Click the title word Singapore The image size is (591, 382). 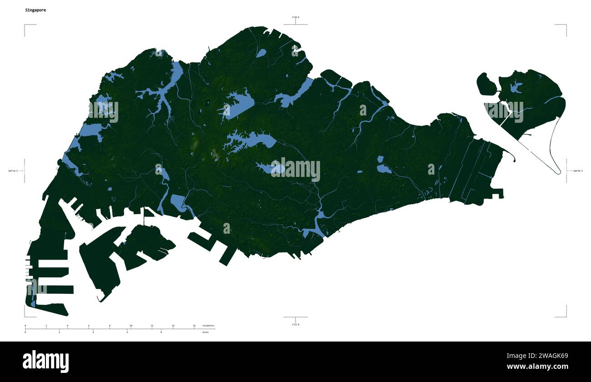35,10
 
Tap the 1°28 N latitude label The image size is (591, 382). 295,17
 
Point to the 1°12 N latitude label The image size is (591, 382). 295,324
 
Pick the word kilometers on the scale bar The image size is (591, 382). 208,326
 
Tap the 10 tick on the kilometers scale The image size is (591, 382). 131,326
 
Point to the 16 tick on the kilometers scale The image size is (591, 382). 194,326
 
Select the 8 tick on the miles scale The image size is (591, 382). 161,332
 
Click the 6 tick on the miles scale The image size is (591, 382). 127,332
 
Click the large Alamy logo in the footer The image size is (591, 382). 45,362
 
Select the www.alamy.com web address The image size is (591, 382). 537,367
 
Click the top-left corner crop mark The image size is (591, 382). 25,25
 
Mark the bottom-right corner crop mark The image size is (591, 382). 566,317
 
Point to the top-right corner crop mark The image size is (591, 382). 566,25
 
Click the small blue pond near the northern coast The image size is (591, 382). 261,53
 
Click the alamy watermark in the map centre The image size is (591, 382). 295,169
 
